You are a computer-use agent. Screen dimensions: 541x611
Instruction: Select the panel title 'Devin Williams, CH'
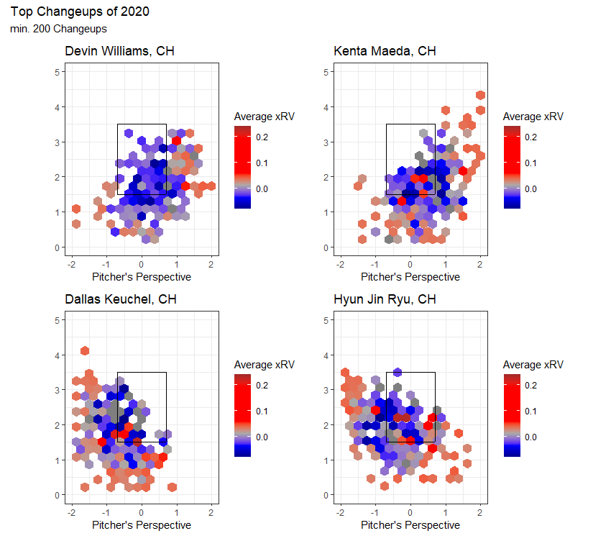pyautogui.click(x=119, y=51)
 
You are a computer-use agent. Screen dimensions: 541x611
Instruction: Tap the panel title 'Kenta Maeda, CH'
pyautogui.click(x=385, y=51)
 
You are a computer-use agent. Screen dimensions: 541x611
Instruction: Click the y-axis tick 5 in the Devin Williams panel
pyautogui.click(x=57, y=72)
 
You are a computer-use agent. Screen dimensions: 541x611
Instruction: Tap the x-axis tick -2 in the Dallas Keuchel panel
pyautogui.click(x=70, y=512)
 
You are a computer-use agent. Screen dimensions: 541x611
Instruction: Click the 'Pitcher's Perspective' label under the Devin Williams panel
pyautogui.click(x=142, y=277)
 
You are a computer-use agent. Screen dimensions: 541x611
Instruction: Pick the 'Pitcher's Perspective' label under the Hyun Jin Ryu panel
pyautogui.click(x=410, y=525)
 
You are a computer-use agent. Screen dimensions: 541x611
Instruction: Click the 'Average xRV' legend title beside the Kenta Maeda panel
pyautogui.click(x=533, y=117)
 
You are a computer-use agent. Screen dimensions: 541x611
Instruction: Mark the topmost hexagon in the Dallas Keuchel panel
pyautogui.click(x=85, y=350)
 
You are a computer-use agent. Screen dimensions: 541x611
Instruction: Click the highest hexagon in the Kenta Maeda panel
pyautogui.click(x=480, y=96)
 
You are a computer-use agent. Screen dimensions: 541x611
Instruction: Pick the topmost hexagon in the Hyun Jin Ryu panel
pyautogui.click(x=397, y=371)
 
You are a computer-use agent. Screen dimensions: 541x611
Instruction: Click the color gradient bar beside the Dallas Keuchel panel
pyautogui.click(x=243, y=415)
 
